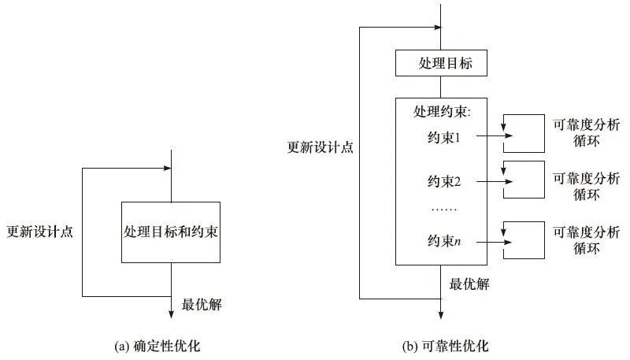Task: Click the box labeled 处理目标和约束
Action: coord(171,232)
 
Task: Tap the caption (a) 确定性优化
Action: coord(163,346)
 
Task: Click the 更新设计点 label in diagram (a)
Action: coord(39,232)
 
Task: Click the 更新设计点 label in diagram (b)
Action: coord(321,147)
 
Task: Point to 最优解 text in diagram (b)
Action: coord(469,284)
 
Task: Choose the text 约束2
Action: coord(443,183)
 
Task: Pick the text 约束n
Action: coord(443,241)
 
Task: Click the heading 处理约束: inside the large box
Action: coord(441,112)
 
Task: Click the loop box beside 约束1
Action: coord(524,133)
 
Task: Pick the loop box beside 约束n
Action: coord(524,240)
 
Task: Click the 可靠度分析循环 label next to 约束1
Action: coord(586,133)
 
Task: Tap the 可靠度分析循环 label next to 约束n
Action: coord(586,240)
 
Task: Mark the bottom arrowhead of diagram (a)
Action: coord(171,314)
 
